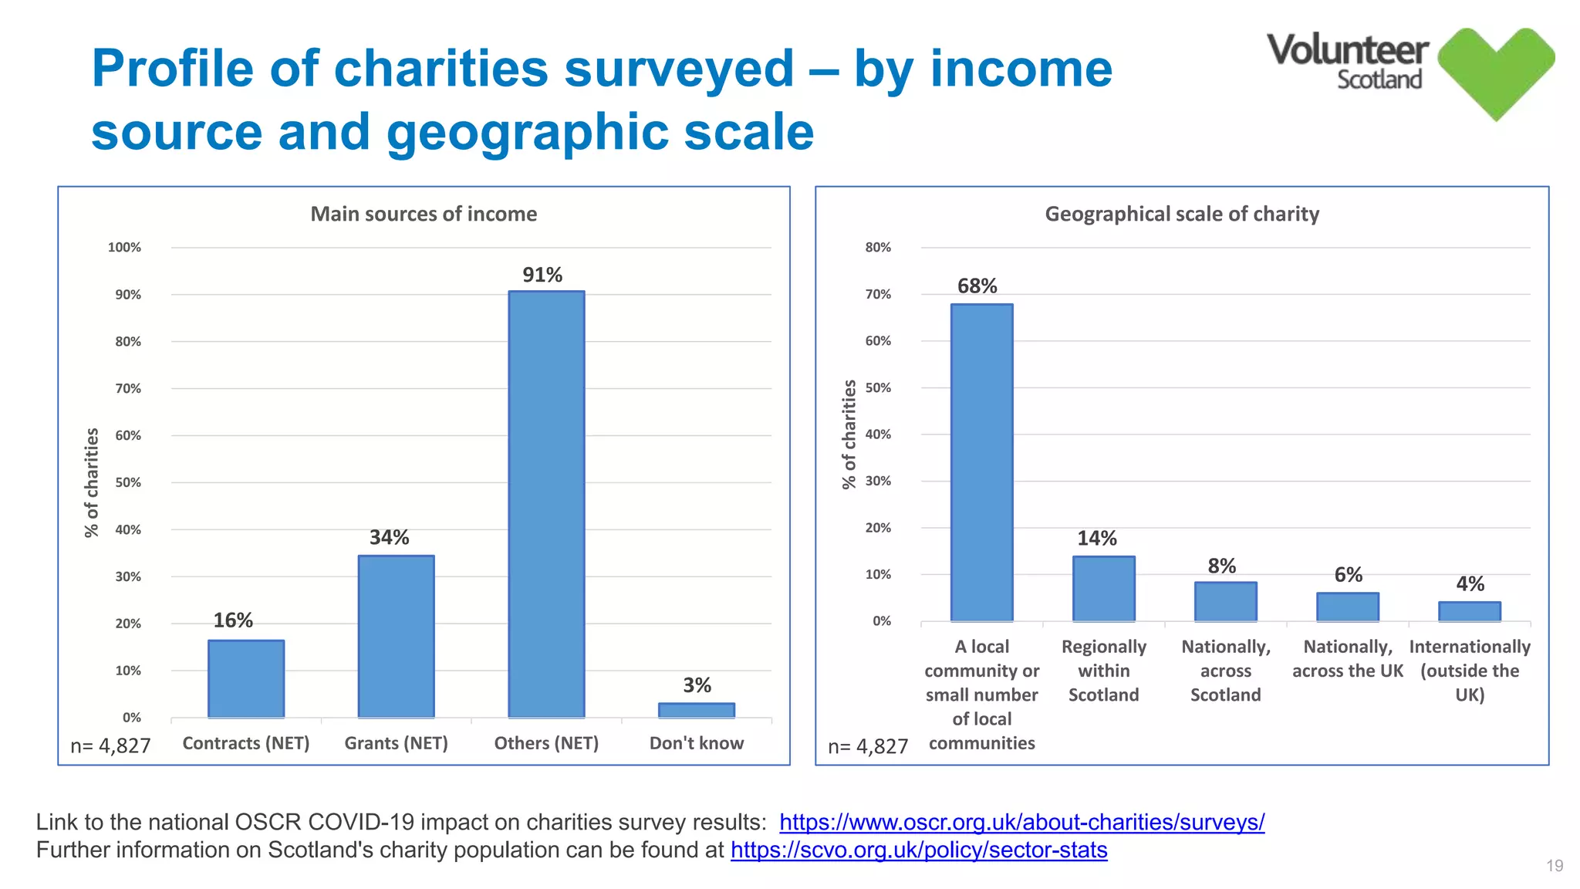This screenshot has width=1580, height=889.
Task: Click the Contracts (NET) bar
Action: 245,678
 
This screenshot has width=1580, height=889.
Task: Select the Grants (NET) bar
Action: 396,636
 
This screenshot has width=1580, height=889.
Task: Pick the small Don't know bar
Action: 696,710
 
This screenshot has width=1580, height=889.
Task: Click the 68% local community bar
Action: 981,462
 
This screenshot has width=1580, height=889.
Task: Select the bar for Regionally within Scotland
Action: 1103,588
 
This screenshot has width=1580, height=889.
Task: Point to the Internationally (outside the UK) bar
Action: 1469,611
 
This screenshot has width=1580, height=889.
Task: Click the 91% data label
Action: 542,275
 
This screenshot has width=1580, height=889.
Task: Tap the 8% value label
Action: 1222,566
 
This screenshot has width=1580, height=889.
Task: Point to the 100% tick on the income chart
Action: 124,248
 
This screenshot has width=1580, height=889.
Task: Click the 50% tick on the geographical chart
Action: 878,387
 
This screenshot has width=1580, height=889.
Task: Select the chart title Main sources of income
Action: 424,214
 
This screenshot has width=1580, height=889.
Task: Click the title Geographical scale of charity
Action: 1182,214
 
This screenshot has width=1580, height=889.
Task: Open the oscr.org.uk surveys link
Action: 1021,822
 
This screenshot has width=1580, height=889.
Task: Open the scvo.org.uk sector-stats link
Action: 919,850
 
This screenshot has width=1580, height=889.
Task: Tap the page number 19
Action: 1555,866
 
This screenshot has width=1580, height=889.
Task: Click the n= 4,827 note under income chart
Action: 110,745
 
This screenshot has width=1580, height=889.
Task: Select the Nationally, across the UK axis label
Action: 1347,658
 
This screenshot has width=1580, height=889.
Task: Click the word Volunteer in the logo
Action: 1347,50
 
